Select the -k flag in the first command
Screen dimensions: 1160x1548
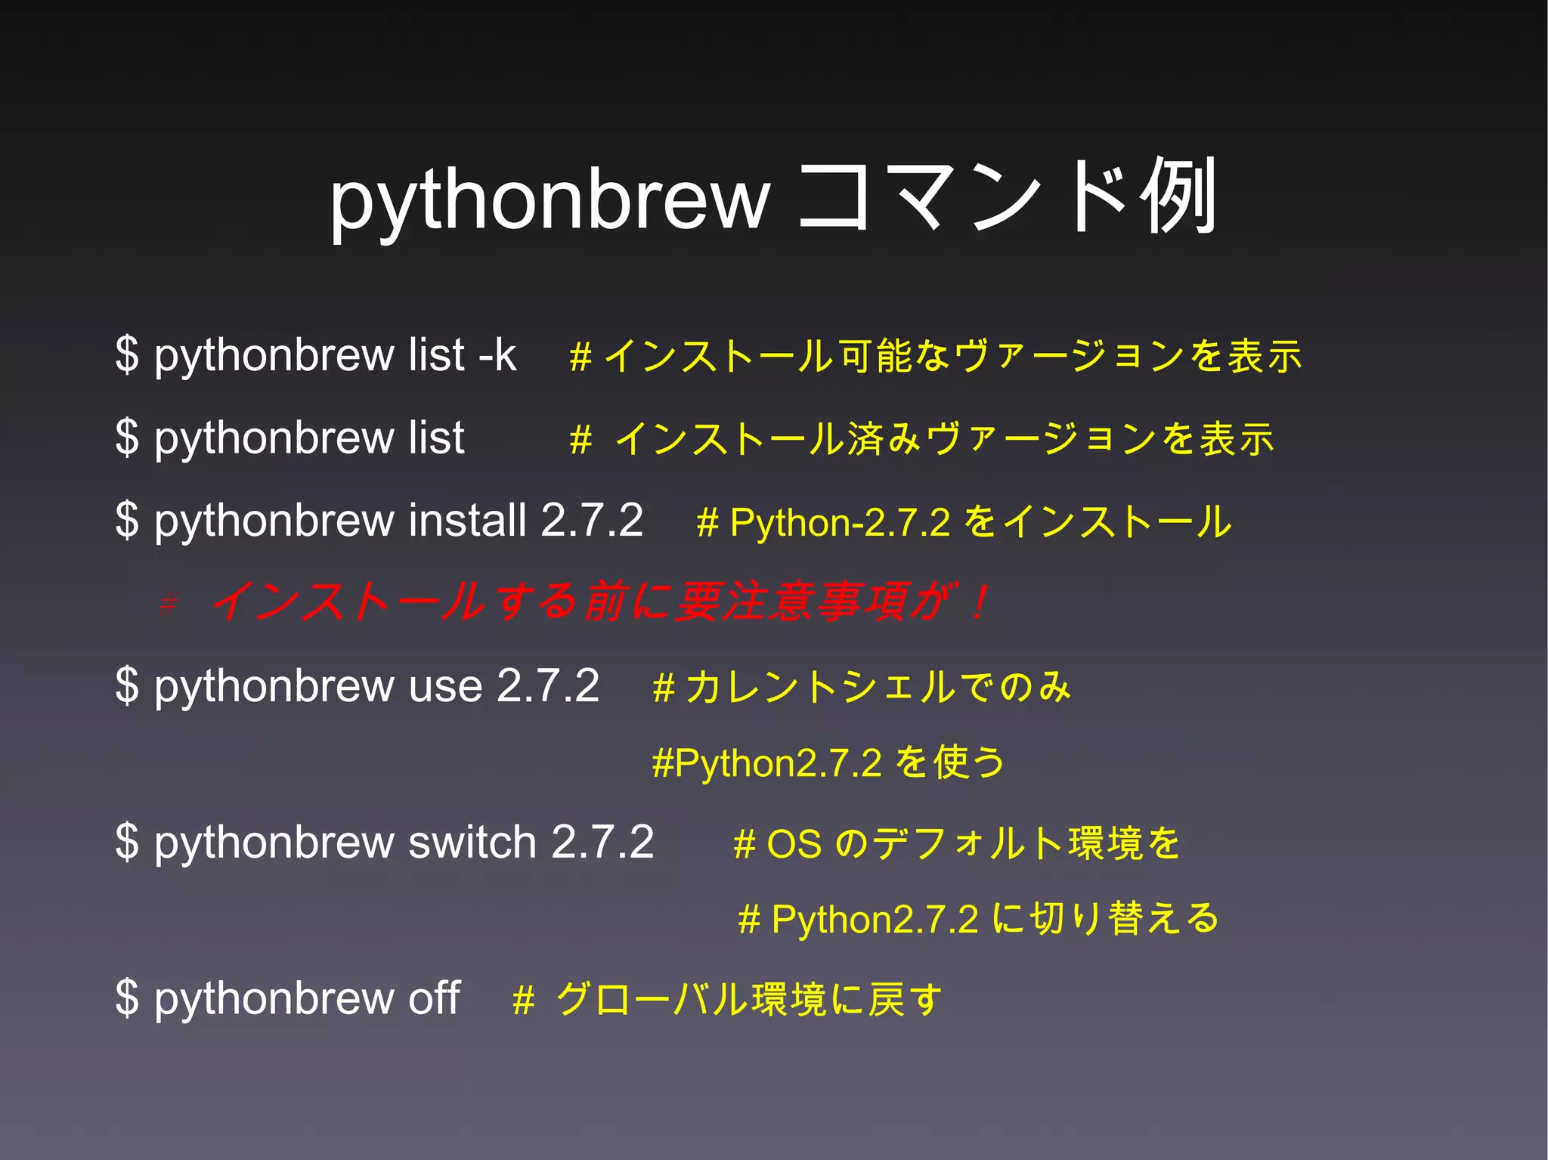(497, 354)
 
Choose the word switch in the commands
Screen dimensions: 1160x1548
(472, 842)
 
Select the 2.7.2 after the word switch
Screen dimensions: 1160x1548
(602, 842)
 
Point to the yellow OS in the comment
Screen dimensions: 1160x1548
(794, 843)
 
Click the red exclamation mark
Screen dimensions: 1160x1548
(980, 603)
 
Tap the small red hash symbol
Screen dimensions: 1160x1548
(169, 604)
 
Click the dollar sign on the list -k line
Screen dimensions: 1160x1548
(128, 354)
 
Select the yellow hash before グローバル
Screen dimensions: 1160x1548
(524, 1001)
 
